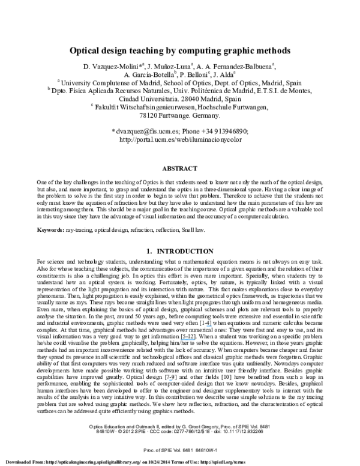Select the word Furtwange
point(174,116)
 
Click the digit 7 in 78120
point(141,116)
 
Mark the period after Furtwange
point(191,117)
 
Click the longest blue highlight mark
point(188,340)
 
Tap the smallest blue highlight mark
point(171,380)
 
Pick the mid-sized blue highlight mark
point(209,326)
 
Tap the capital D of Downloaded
point(6,462)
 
